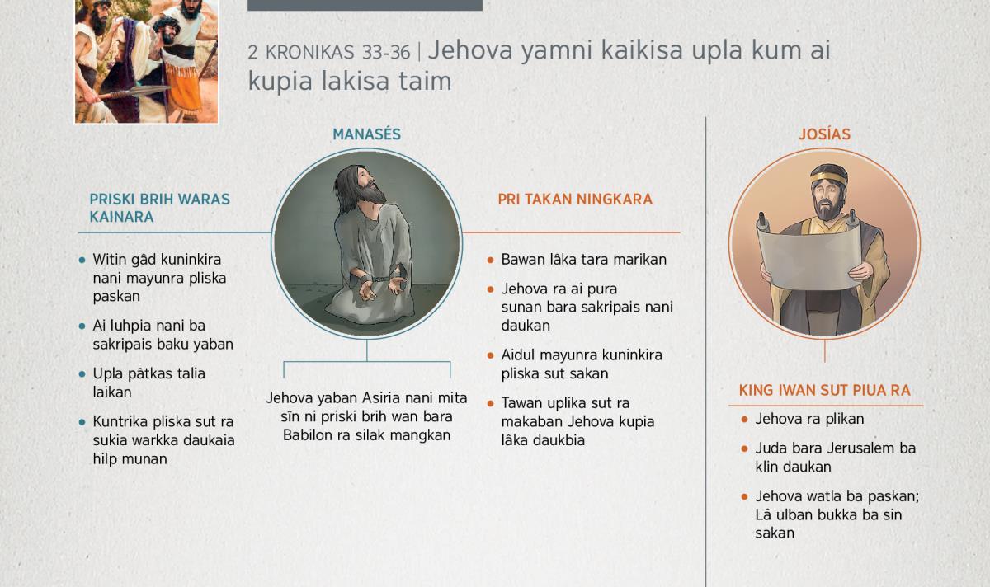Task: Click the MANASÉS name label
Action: (x=366, y=134)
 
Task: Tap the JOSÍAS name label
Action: (x=825, y=134)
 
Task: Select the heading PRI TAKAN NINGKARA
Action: (x=575, y=200)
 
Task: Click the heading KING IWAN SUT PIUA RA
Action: (x=825, y=391)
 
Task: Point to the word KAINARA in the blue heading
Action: (x=121, y=217)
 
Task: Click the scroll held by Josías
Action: (x=809, y=257)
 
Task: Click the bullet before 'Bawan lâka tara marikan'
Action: (x=490, y=261)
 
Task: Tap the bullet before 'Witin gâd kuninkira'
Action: (x=82, y=261)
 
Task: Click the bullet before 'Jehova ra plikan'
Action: (x=744, y=419)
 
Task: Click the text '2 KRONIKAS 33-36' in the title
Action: (x=329, y=52)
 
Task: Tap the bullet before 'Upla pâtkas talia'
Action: (x=82, y=374)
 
